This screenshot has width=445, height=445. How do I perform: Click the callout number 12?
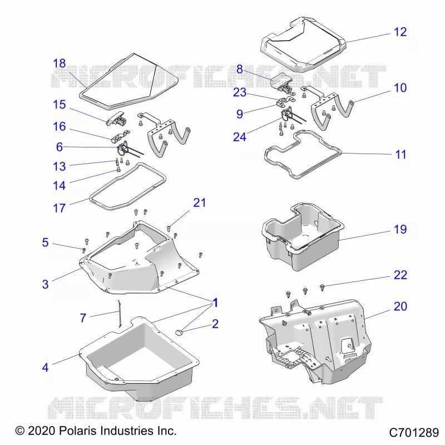click(400, 32)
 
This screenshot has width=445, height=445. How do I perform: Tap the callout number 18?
click(60, 63)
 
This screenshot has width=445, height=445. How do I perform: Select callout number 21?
click(200, 202)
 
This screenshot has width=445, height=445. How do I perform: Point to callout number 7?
click(83, 318)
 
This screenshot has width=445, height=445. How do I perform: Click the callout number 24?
click(240, 137)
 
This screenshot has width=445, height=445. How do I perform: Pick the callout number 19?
click(400, 229)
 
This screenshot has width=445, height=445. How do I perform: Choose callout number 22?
click(400, 275)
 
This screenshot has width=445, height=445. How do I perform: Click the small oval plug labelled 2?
click(179, 332)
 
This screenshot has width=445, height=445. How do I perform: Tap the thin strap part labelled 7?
click(120, 314)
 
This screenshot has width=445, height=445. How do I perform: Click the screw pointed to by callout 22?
click(322, 288)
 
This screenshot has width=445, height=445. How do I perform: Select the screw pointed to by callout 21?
click(169, 228)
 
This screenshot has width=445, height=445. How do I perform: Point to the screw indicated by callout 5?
click(84, 250)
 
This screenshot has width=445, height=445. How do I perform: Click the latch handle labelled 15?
click(116, 118)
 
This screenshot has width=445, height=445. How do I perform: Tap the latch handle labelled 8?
click(281, 82)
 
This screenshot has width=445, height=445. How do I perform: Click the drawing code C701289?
click(414, 433)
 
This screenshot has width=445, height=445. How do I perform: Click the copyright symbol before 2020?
click(20, 431)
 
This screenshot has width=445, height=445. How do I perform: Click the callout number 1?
click(215, 303)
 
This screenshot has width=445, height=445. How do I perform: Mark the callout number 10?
click(400, 88)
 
